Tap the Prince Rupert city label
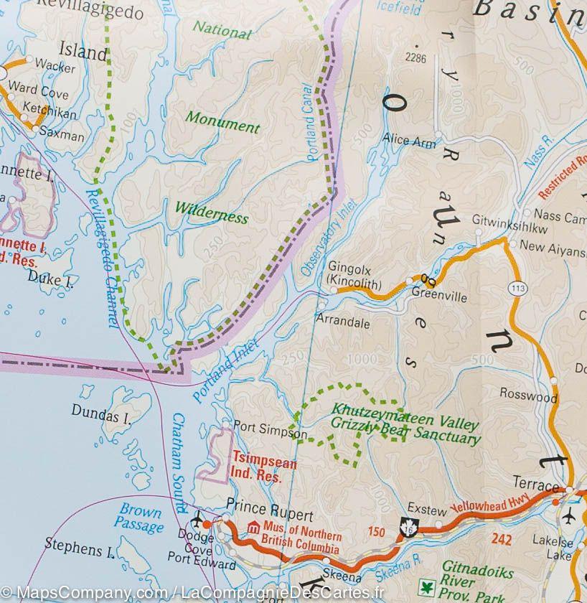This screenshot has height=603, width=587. [x=270, y=515]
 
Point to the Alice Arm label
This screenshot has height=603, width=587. [x=410, y=141]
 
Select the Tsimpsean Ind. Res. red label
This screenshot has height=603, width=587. [x=263, y=469]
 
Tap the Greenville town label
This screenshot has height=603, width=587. [x=440, y=296]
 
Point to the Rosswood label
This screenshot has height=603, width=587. [x=529, y=397]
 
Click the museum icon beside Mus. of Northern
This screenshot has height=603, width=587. [x=252, y=528]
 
